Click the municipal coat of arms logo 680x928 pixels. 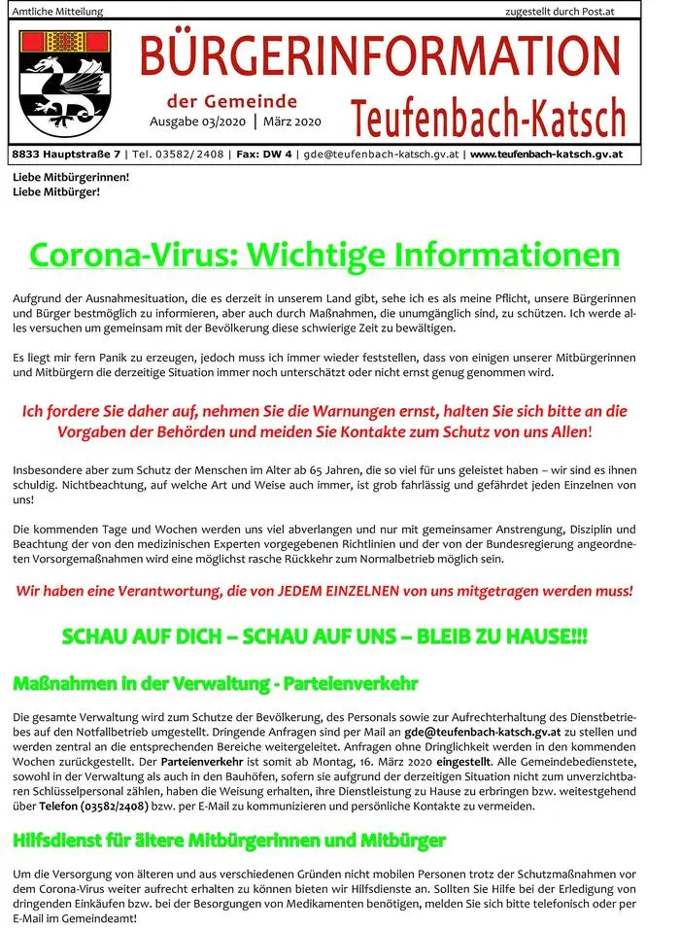[x=66, y=82]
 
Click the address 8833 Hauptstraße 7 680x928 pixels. [x=66, y=155]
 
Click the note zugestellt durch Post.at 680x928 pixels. [x=572, y=12]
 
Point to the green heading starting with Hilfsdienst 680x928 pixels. [x=229, y=839]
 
